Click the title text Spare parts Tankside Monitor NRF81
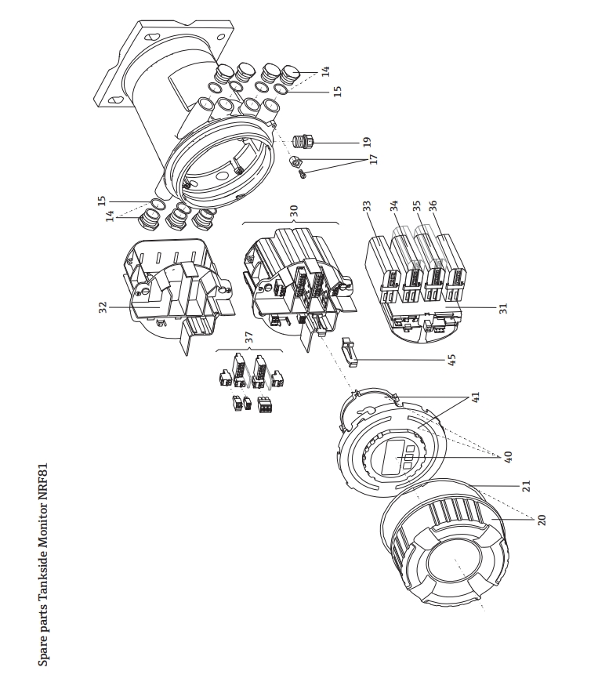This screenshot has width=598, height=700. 45,564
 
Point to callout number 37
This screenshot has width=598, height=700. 249,337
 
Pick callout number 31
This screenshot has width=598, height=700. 504,308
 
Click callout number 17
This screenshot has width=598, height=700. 374,159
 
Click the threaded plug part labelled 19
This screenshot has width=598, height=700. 302,143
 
